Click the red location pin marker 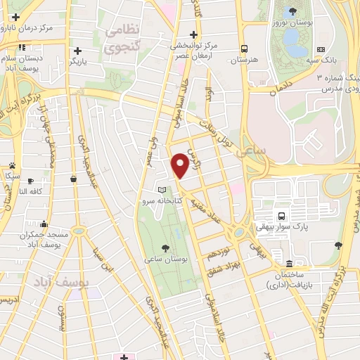180,164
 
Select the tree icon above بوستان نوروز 291,11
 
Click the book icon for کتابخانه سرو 163,190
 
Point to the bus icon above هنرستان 244,49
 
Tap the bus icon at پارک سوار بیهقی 281,216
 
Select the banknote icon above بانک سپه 321,49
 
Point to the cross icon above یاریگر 78,50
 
